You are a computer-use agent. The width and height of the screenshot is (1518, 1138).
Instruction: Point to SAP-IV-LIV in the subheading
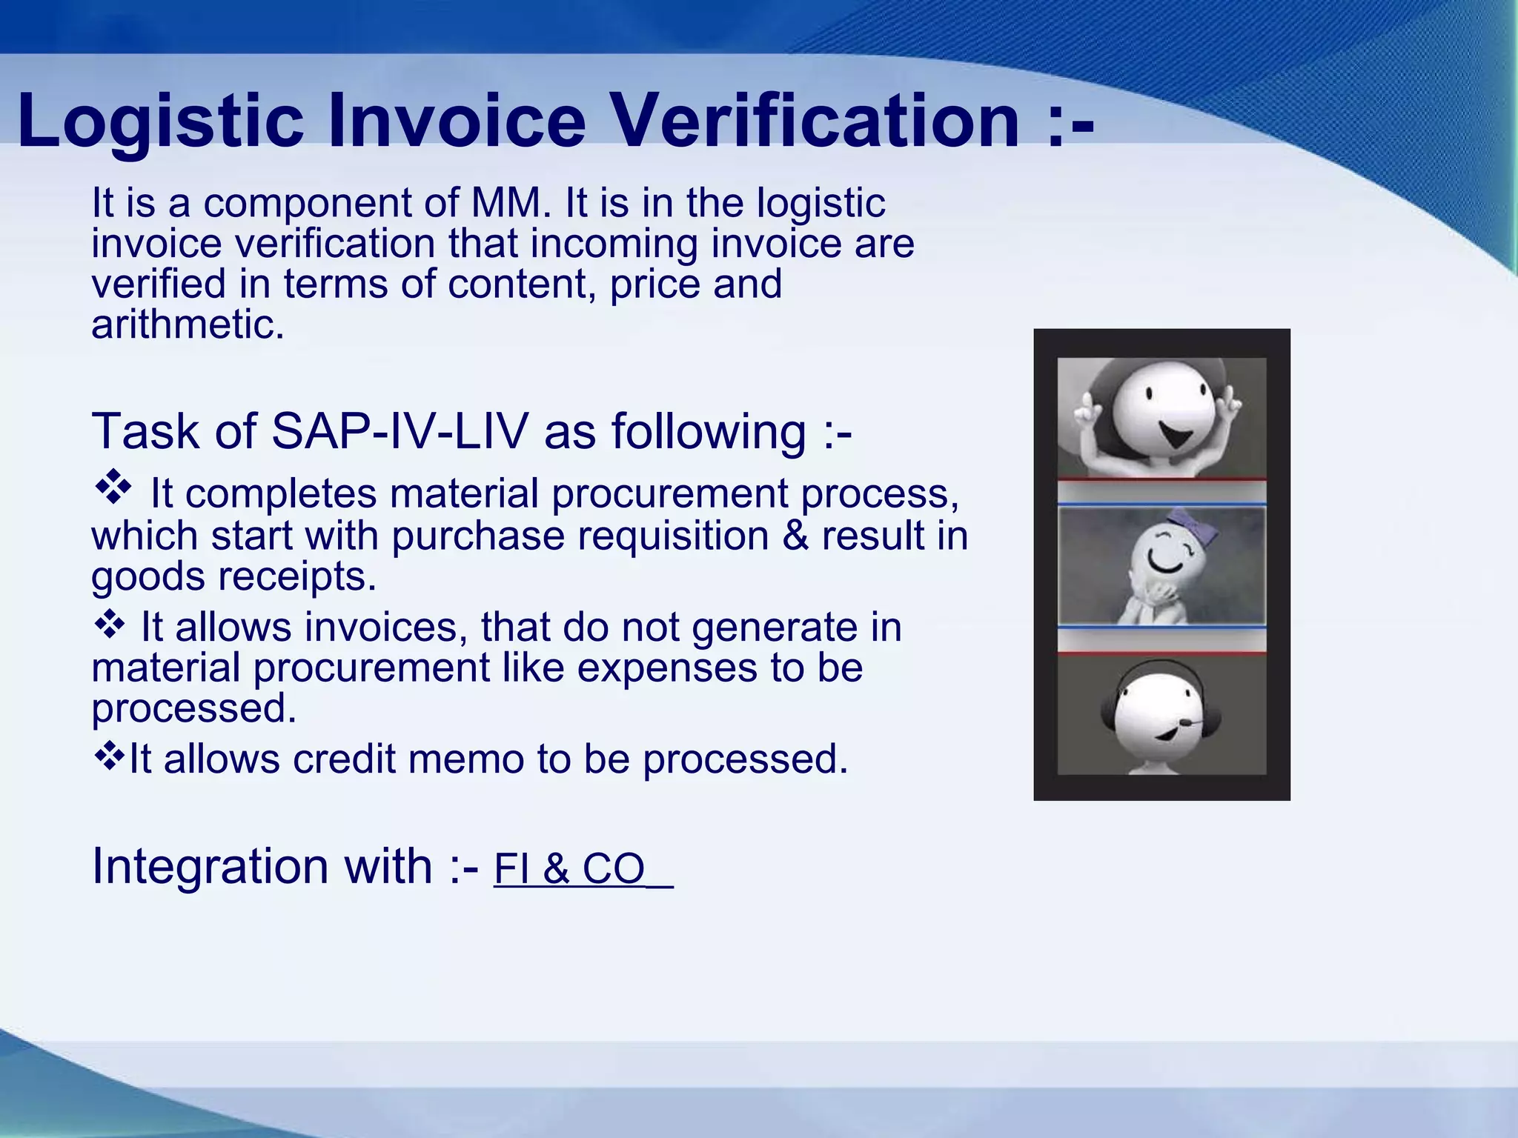[x=400, y=431]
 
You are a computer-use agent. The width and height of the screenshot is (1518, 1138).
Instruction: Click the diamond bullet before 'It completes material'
[x=113, y=488]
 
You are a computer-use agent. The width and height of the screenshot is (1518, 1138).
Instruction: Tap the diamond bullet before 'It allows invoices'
[x=110, y=624]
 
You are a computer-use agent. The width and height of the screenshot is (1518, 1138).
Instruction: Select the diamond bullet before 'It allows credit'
[x=110, y=756]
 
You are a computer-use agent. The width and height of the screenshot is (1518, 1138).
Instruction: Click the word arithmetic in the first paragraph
[x=187, y=325]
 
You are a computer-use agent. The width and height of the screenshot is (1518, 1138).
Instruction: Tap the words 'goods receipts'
[x=233, y=576]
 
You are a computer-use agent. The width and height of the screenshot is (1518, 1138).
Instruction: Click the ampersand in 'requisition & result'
[x=795, y=536]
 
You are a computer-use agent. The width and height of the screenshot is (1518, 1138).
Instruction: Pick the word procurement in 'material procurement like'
[x=371, y=668]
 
